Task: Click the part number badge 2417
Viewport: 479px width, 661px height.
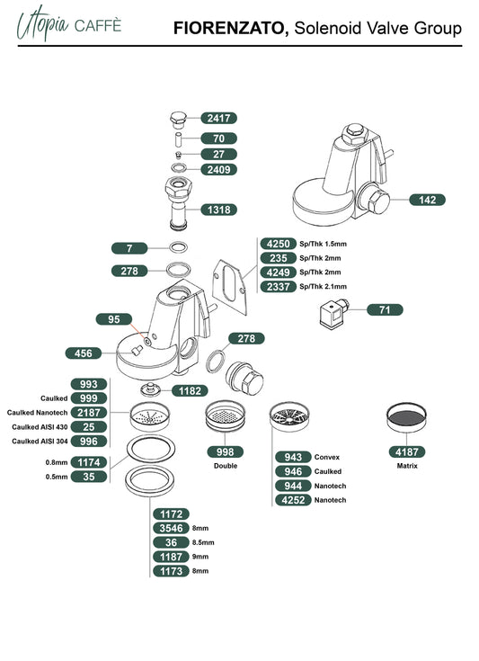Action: tap(218, 118)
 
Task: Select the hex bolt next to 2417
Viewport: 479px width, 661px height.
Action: tap(178, 120)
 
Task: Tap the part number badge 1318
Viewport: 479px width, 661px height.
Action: tap(218, 210)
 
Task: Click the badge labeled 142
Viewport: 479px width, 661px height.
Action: tap(427, 200)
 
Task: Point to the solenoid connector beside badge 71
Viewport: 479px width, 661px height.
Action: tap(335, 313)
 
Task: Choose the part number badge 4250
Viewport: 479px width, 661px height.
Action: tap(279, 244)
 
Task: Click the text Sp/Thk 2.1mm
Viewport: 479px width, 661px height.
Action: tap(324, 287)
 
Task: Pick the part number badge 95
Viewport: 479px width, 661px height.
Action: tap(114, 319)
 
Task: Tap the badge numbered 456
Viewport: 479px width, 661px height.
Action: tap(84, 353)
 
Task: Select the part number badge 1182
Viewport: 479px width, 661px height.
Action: tap(190, 391)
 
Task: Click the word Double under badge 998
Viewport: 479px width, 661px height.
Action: tap(226, 466)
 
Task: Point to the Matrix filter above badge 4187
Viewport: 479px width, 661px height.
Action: tap(406, 417)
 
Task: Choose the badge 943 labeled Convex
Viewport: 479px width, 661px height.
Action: tap(293, 457)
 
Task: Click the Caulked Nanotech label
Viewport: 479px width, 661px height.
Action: tap(37, 413)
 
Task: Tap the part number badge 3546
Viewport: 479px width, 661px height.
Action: tap(171, 528)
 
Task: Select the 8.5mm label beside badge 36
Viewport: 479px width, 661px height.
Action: tap(203, 542)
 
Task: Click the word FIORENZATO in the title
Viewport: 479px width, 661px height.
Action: tap(231, 28)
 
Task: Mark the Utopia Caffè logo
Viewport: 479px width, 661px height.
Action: tap(69, 23)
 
